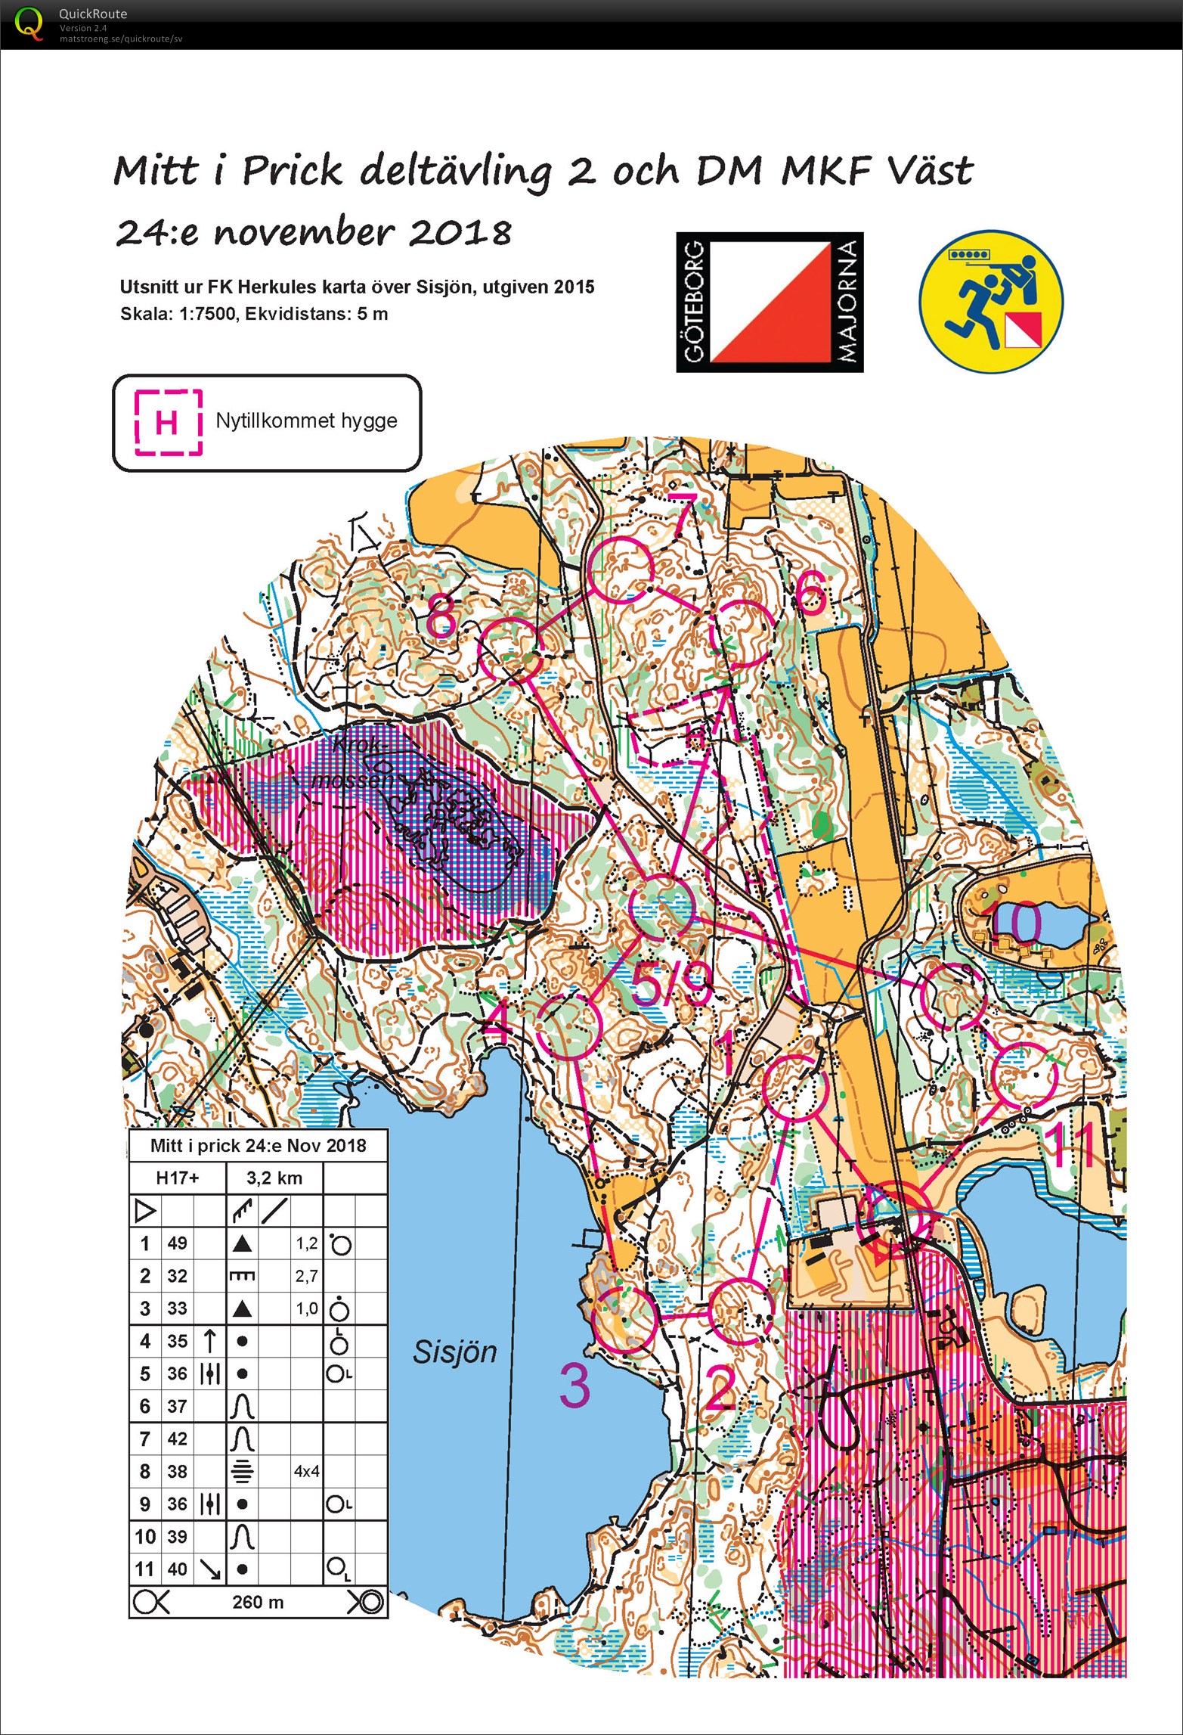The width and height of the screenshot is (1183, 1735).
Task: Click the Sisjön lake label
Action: click(454, 1352)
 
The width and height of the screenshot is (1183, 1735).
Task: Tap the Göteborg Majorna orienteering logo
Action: click(769, 302)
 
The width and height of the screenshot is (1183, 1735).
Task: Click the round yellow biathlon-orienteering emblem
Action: click(990, 301)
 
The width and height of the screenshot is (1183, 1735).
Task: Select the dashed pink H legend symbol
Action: click(168, 421)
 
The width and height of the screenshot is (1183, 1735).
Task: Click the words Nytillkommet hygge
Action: click(306, 421)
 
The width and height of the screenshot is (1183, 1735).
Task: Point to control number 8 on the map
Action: click(442, 616)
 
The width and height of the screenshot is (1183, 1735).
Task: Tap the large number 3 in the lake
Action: click(574, 1386)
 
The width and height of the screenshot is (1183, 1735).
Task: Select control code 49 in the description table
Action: click(177, 1243)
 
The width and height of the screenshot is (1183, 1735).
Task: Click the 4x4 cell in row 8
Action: click(306, 1471)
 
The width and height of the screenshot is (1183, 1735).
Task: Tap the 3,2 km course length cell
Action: click(274, 1178)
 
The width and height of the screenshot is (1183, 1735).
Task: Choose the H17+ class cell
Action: click(177, 1178)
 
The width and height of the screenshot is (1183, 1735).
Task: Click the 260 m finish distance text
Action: click(258, 1602)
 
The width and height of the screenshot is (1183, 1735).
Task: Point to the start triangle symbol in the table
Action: click(144, 1211)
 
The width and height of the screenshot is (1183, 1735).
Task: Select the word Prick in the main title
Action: click(292, 171)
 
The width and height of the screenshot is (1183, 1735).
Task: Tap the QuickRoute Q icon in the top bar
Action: click(29, 23)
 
